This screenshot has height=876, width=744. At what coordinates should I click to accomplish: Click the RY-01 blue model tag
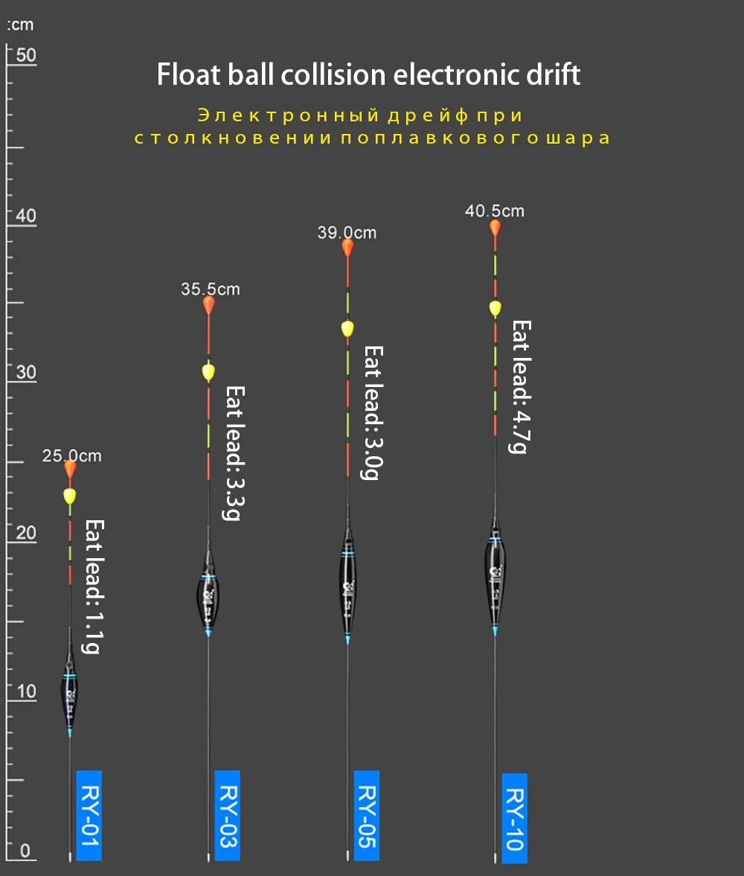coord(89,815)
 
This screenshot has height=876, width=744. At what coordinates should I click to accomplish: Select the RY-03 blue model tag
coord(227,815)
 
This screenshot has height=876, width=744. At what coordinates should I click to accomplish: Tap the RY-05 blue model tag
coord(366,815)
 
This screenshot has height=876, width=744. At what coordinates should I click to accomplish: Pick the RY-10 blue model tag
coord(514,818)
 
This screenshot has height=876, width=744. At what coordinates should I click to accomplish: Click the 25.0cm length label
coord(71,455)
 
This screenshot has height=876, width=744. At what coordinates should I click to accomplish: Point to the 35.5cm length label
coord(211,289)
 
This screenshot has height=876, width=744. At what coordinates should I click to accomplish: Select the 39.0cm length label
coord(347,232)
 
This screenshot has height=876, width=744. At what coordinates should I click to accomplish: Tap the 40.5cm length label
coord(495,211)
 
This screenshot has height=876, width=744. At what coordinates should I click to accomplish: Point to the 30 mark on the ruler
coord(26,373)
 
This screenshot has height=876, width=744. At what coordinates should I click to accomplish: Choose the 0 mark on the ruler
coord(25,850)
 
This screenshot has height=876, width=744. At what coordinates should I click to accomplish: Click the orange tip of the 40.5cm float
coord(495,228)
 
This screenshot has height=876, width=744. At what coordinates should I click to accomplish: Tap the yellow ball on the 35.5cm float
coord(208,371)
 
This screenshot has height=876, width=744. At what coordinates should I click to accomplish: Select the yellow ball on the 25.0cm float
coord(70,495)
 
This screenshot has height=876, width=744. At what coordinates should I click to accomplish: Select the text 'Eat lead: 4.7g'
coord(520,386)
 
